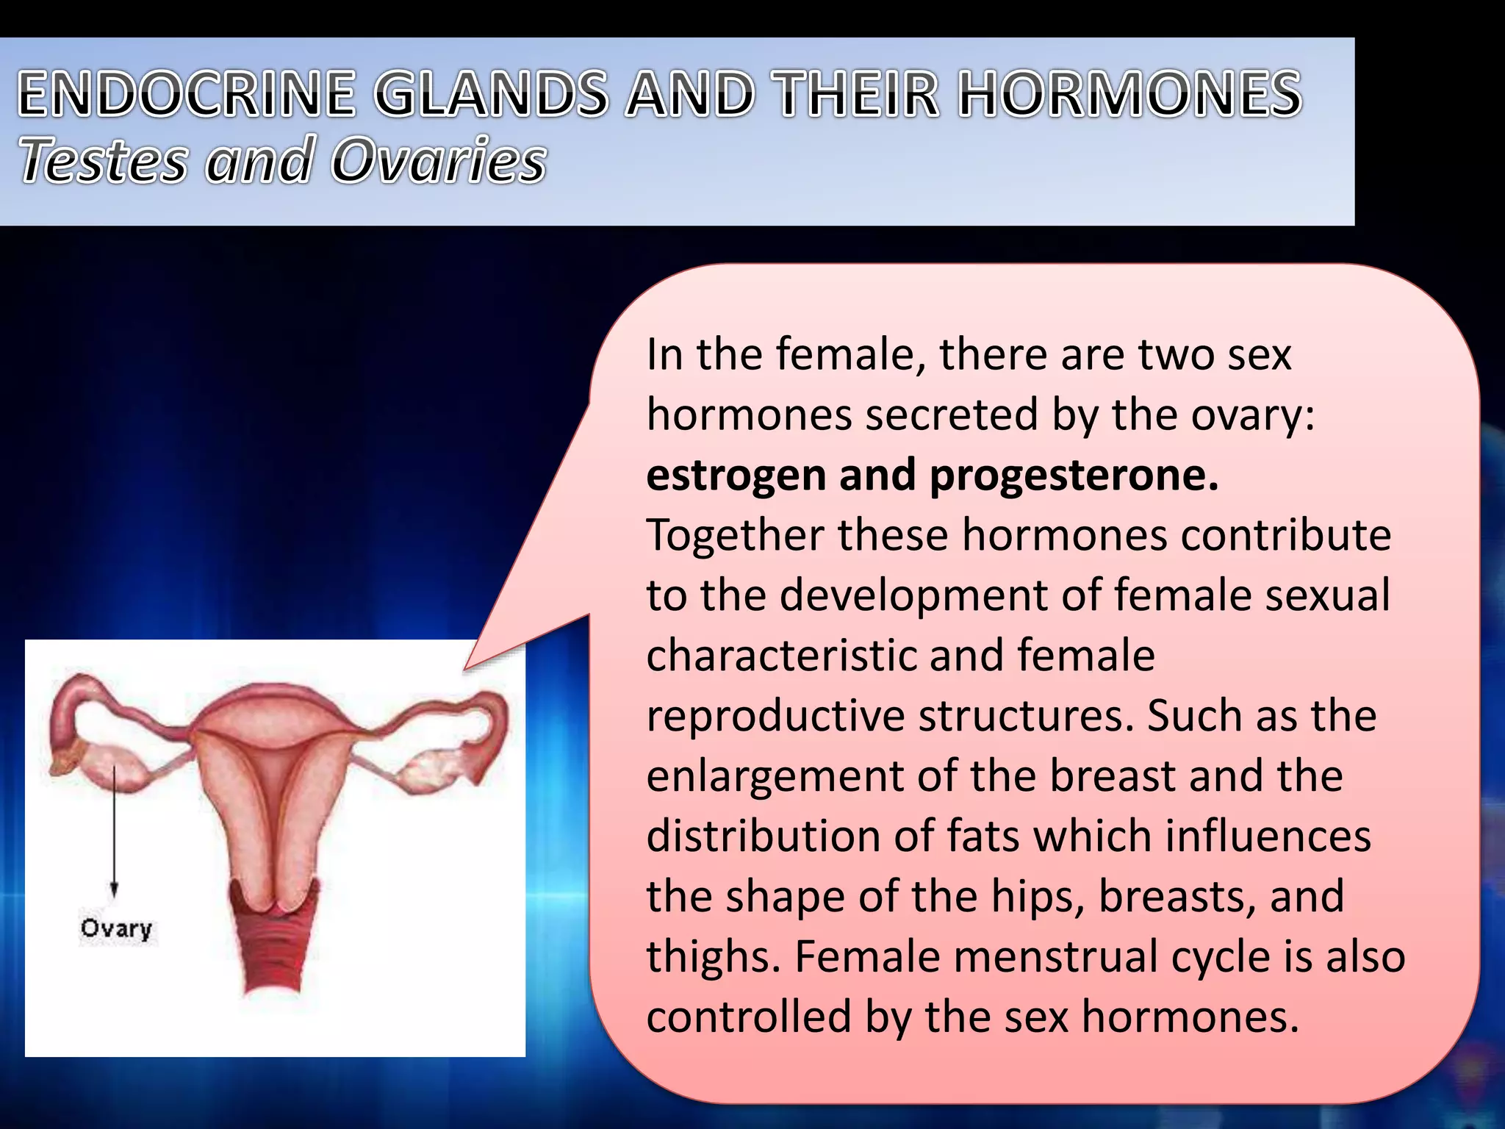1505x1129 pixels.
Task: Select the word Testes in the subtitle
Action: point(103,160)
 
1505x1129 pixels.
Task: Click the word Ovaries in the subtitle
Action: point(439,160)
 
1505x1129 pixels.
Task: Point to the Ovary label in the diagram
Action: point(116,928)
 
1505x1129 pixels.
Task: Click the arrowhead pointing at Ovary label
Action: point(114,891)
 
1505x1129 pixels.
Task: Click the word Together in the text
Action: point(734,535)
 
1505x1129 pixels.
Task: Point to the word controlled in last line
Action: point(749,1017)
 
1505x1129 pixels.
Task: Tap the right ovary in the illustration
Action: point(426,768)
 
